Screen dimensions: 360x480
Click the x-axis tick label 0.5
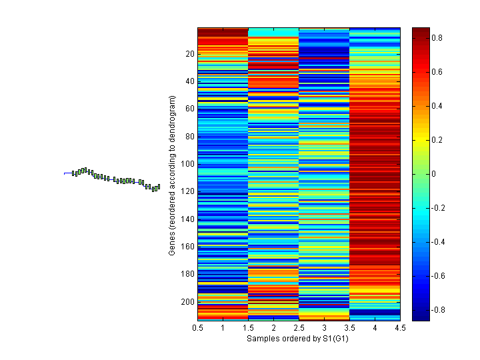198,328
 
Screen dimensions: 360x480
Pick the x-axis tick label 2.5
299,328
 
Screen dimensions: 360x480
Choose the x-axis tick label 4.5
400,328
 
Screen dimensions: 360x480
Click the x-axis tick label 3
325,328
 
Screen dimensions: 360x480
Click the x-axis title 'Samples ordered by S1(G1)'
298,339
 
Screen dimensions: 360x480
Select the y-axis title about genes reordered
172,175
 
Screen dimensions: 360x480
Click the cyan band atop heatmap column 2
273,32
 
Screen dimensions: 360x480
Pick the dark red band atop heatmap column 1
223,31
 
